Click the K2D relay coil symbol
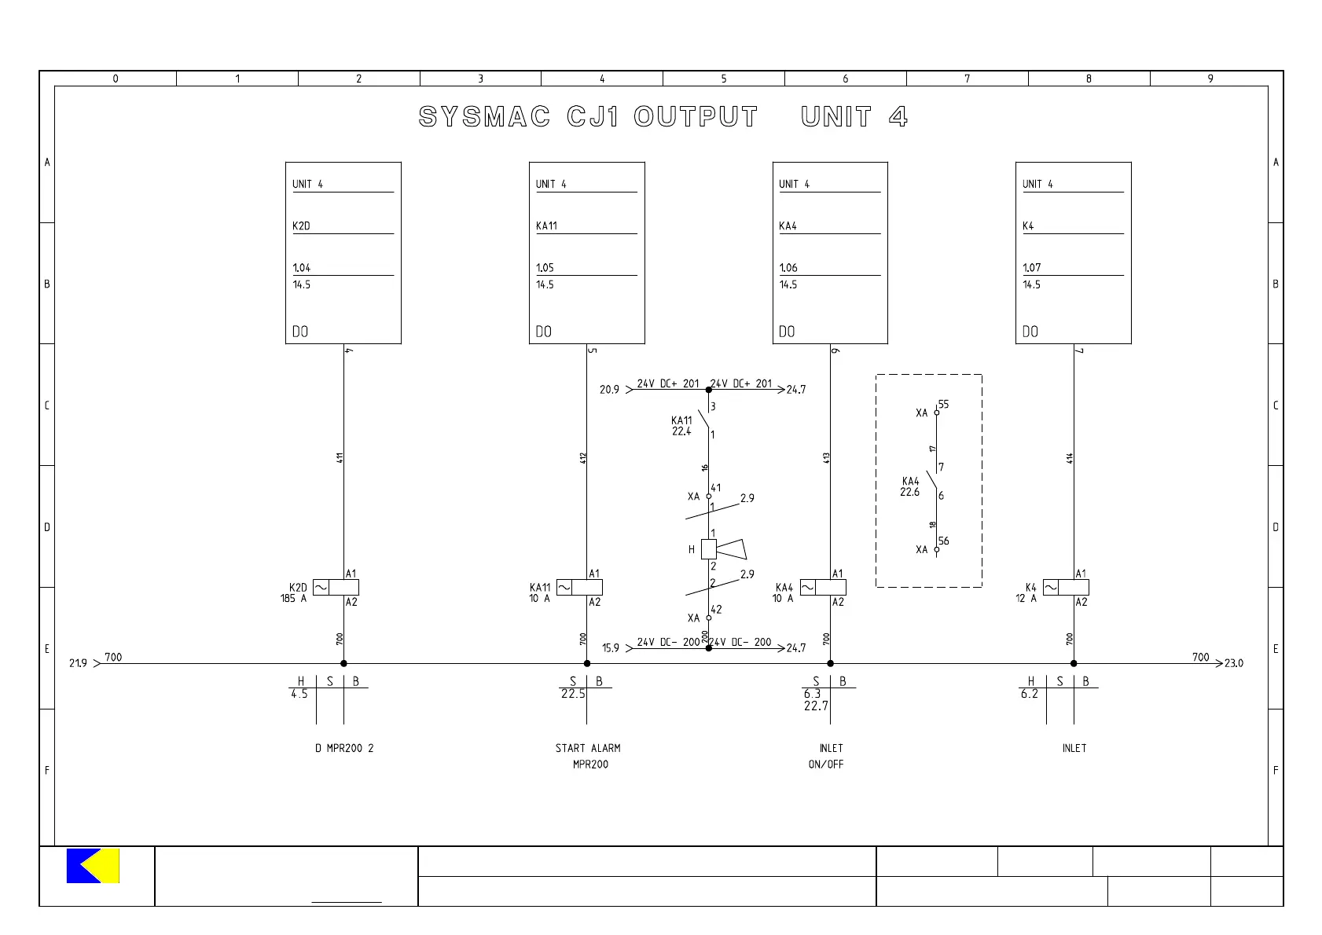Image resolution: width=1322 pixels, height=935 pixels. click(336, 588)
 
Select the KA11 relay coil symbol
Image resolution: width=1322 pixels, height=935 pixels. click(579, 588)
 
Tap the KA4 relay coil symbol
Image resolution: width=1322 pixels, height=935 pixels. click(823, 588)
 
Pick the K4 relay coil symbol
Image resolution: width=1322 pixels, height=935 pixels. click(1066, 588)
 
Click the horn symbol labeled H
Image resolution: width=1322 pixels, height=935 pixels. click(719, 549)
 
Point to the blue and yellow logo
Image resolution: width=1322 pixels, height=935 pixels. click(93, 866)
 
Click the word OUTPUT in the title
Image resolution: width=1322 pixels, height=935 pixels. click(696, 117)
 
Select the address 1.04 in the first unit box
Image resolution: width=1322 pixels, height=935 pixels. click(302, 268)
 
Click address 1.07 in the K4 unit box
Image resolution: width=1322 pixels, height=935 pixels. click(1031, 268)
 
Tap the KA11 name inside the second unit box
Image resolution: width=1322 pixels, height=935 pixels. click(546, 226)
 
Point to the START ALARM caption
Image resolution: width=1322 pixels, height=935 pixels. click(588, 749)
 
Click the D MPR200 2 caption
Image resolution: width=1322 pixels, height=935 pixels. click(344, 749)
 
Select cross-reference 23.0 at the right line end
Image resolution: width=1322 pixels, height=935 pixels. click(1234, 664)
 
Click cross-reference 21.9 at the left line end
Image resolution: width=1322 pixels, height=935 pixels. click(79, 664)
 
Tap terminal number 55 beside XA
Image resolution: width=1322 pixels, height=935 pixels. click(943, 405)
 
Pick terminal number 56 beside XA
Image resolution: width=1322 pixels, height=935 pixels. click(943, 541)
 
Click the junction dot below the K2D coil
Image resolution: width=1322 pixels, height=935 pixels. click(343, 664)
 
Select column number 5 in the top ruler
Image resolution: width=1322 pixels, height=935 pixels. click(724, 79)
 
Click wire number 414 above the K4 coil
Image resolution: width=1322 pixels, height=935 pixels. click(1070, 458)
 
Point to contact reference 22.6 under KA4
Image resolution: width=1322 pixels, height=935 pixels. click(909, 493)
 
